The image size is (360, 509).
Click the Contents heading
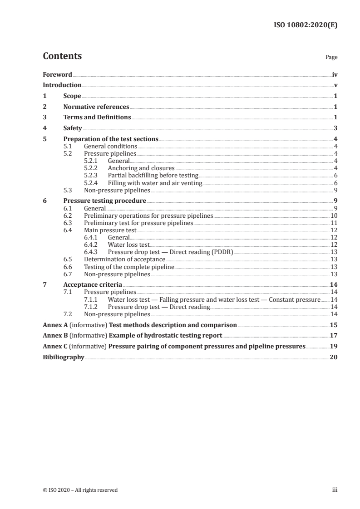tap(62, 56)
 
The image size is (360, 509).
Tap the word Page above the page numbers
tap(331, 58)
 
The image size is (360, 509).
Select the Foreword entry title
tap(57, 74)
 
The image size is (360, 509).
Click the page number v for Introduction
tap(335, 85)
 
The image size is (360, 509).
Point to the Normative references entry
tap(96, 107)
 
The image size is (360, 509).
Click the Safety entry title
tap(73, 128)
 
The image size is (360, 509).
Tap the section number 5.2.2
tap(92, 168)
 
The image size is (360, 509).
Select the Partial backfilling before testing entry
tap(153, 175)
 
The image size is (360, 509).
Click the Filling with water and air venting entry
tap(155, 183)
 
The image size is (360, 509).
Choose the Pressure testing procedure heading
tap(104, 201)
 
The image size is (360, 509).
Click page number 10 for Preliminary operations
tap(334, 215)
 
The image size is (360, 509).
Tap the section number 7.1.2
tap(92, 307)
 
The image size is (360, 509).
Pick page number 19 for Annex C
tap(334, 347)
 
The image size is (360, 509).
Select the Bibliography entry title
tap(64, 357)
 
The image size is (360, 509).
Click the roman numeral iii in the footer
tap(335, 490)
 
